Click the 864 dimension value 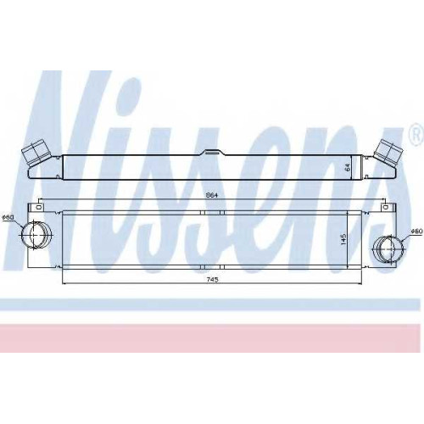tap(212, 195)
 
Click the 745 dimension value tap(212, 280)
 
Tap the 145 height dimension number tap(343, 239)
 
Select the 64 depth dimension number tap(348, 167)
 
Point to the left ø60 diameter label tap(8, 218)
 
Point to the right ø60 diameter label tap(416, 232)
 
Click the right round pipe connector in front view tap(389, 249)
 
